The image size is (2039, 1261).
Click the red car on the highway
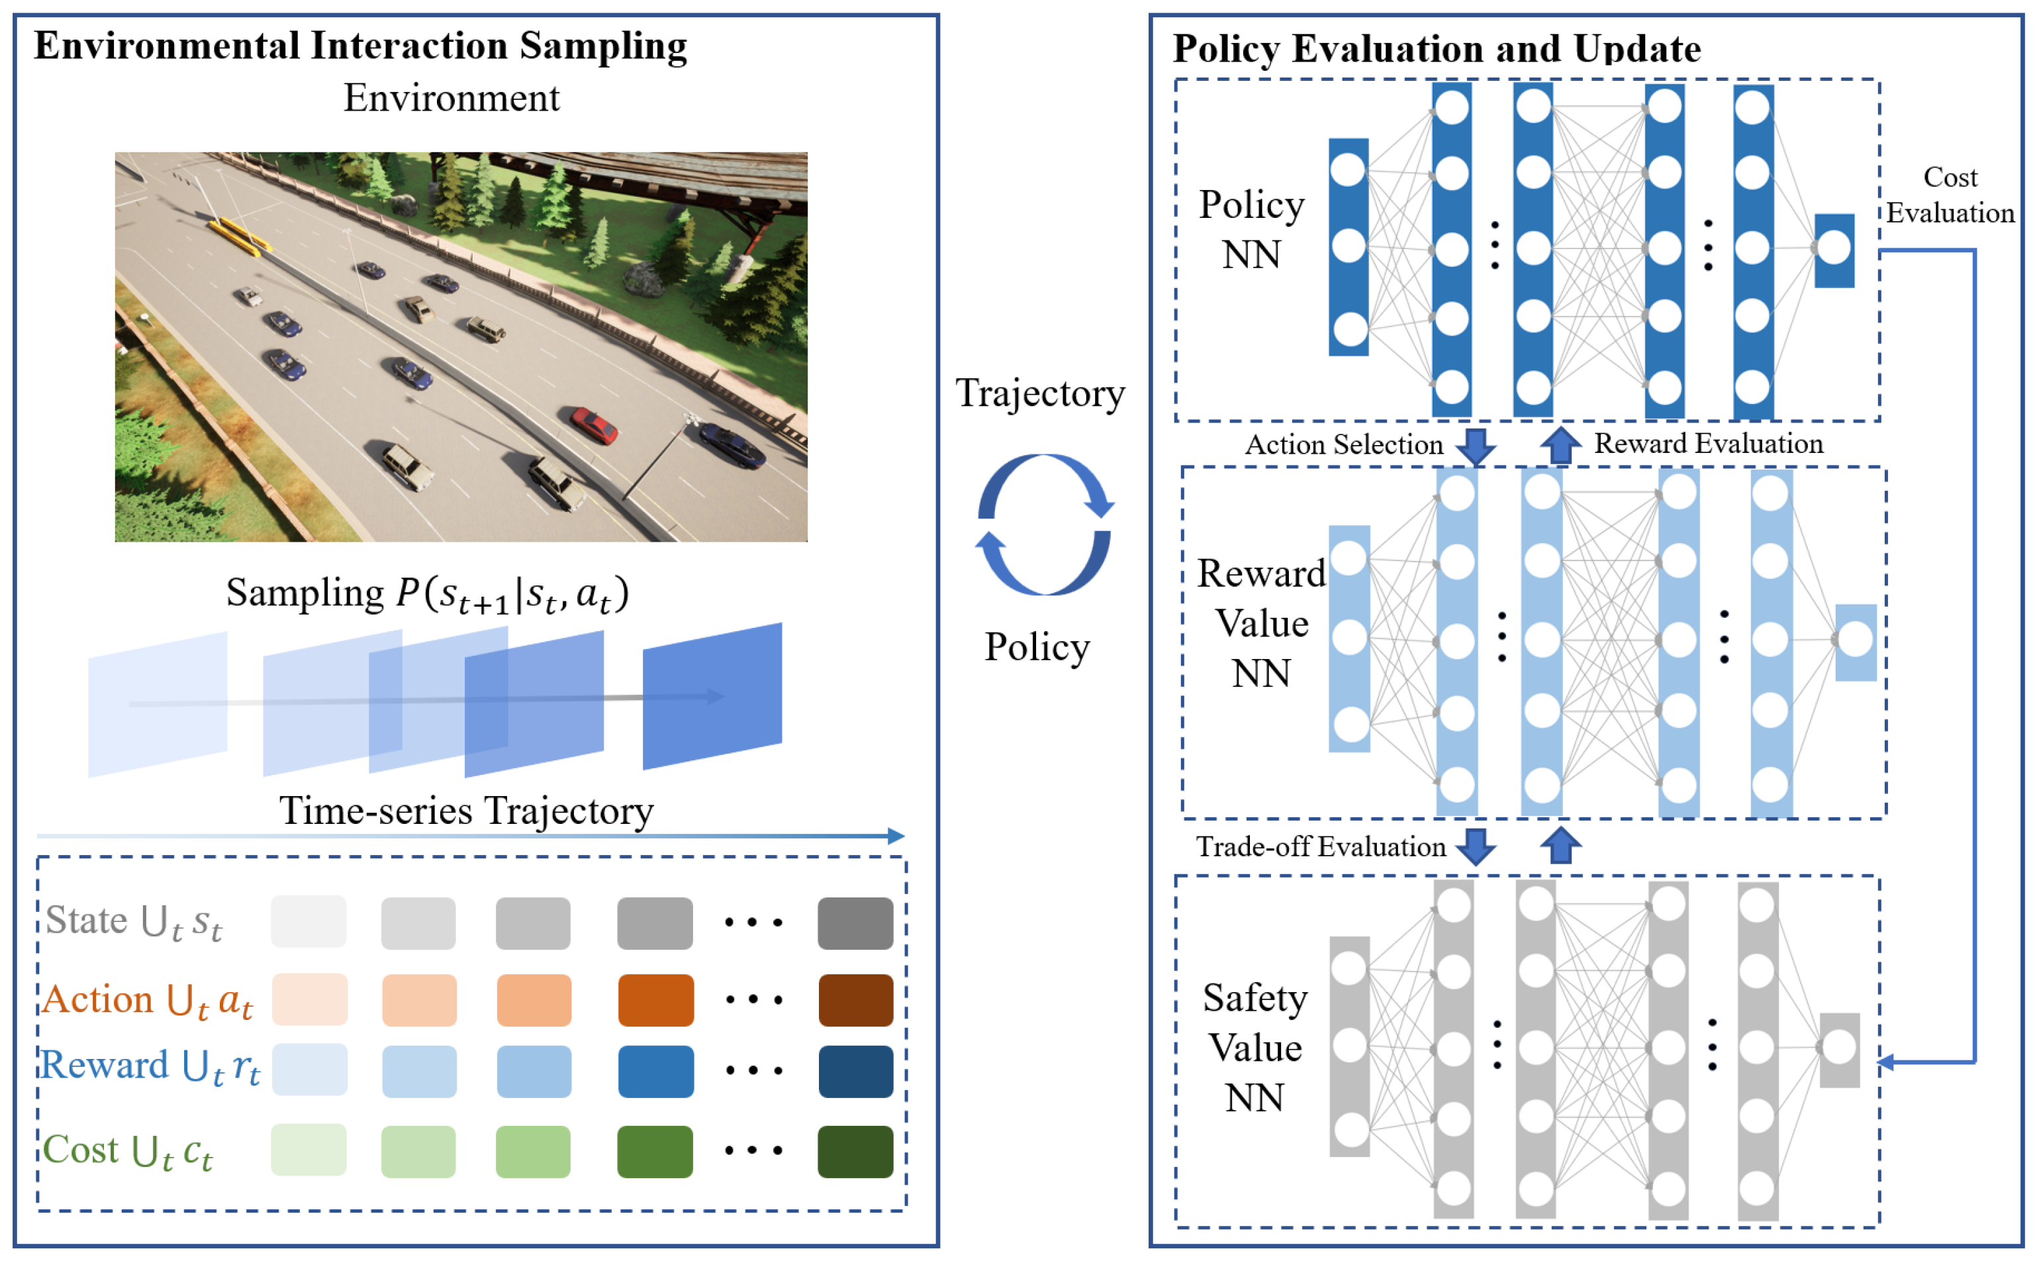coord(594,425)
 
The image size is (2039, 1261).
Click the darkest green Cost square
coord(855,1151)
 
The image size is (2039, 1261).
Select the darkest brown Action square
coord(855,999)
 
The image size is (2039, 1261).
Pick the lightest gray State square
coord(308,921)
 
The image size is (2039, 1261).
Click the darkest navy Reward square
coord(855,1071)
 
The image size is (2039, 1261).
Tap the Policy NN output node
coord(1834,248)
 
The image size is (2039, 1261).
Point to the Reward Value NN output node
coord(1856,640)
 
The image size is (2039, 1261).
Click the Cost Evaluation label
coord(1949,195)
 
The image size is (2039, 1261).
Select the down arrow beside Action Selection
coord(1476,446)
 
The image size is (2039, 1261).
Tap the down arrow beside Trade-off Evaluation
coord(1476,846)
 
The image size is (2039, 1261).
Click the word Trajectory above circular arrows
coord(1039,393)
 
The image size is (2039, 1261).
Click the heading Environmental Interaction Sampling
coord(360,46)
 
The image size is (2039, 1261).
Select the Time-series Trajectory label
coord(466,811)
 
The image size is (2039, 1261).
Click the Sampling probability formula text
coord(428,595)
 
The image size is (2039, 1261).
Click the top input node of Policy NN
coord(1348,170)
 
